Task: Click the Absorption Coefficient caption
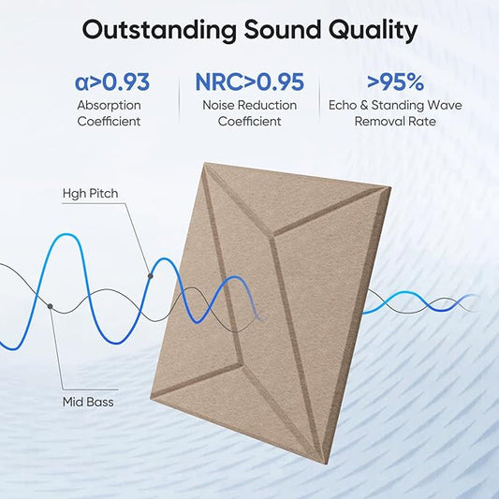tap(110, 113)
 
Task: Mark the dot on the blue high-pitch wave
tap(151, 275)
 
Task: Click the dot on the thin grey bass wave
tap(49, 304)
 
